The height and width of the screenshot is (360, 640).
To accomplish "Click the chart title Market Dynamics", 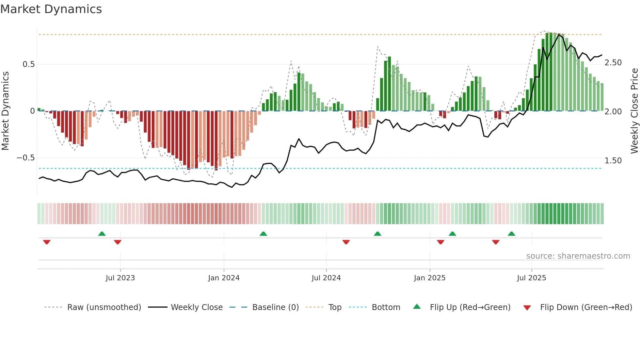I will [51, 9].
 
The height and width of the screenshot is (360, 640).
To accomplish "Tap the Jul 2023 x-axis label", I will [120, 278].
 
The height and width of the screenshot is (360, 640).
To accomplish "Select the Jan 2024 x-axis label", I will [224, 278].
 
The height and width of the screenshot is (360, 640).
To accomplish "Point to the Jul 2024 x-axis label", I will [326, 278].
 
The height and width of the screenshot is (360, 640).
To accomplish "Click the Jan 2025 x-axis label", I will [429, 278].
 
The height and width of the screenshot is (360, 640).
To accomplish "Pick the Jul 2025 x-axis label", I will [531, 278].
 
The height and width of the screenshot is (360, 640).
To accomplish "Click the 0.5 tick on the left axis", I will [28, 64].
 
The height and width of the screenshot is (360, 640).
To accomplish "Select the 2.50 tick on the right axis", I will [613, 63].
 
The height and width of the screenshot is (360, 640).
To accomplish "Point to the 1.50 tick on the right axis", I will [613, 161].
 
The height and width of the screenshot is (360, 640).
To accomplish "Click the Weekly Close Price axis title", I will [634, 111].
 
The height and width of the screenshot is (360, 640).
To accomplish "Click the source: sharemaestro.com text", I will [578, 256].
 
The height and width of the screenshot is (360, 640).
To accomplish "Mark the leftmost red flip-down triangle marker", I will [47, 242].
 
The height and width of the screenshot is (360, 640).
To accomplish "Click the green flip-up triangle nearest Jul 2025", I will [511, 234].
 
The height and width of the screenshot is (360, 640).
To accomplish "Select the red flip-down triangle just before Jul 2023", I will [118, 242].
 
